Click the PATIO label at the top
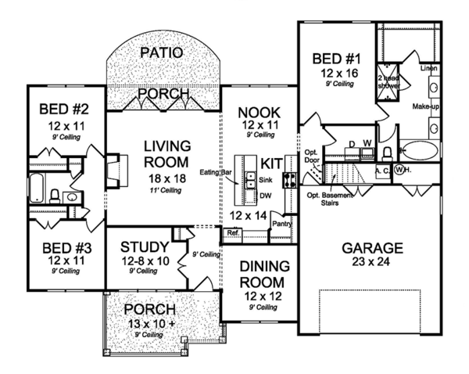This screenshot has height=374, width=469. point(163,53)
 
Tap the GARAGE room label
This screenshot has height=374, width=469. point(372,249)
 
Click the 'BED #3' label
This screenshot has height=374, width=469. point(59,245)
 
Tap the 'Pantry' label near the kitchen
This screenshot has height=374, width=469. point(281,223)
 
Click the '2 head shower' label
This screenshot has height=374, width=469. point(389,83)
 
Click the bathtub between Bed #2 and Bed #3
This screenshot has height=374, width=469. point(37,189)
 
